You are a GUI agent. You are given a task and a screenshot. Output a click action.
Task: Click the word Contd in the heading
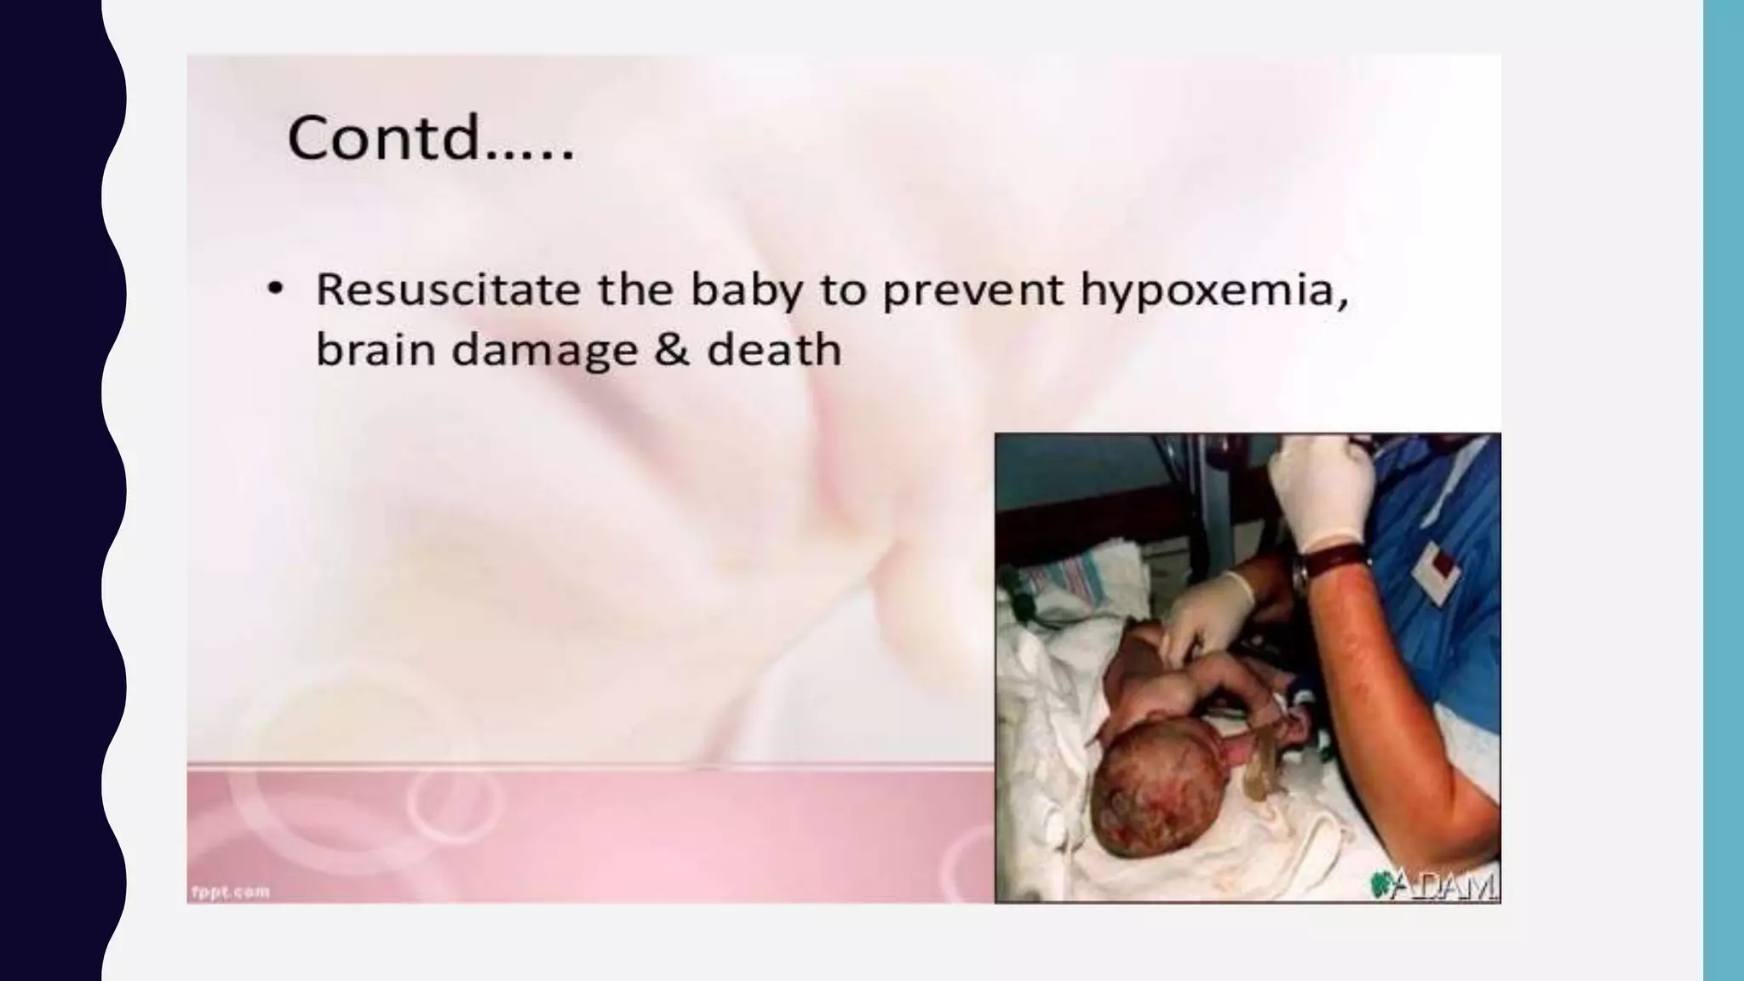click(x=385, y=138)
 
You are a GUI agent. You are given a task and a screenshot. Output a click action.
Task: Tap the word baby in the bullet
click(x=746, y=291)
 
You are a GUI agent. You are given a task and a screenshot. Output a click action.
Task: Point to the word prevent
click(x=972, y=291)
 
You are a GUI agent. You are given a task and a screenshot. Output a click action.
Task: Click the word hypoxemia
click(x=1214, y=291)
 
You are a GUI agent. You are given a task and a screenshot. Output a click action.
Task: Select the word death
click(x=773, y=350)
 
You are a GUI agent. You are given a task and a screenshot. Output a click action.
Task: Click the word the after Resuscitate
click(x=632, y=290)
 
